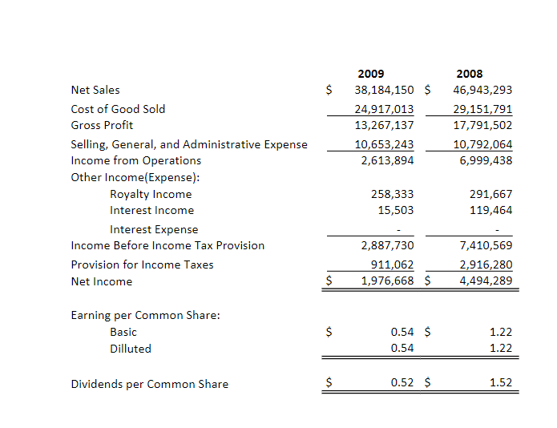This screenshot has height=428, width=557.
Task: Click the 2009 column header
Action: click(370, 74)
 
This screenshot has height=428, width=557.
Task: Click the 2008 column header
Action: click(469, 74)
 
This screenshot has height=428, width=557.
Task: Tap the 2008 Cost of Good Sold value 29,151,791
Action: click(482, 109)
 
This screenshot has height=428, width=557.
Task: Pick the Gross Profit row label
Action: click(102, 125)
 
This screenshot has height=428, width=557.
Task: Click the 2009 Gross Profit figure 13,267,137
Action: click(384, 125)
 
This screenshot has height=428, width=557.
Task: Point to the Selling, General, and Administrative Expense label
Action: click(188, 144)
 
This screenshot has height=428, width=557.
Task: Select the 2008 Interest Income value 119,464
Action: click(490, 210)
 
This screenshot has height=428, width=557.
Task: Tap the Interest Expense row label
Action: click(153, 229)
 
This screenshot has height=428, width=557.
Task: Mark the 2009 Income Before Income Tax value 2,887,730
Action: click(388, 245)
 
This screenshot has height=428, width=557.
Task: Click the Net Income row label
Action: click(101, 281)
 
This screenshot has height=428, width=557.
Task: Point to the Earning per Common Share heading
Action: click(145, 315)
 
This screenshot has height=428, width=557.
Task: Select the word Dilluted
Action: click(130, 349)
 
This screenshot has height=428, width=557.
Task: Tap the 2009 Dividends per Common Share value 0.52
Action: click(402, 383)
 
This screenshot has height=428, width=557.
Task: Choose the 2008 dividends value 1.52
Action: click(500, 383)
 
